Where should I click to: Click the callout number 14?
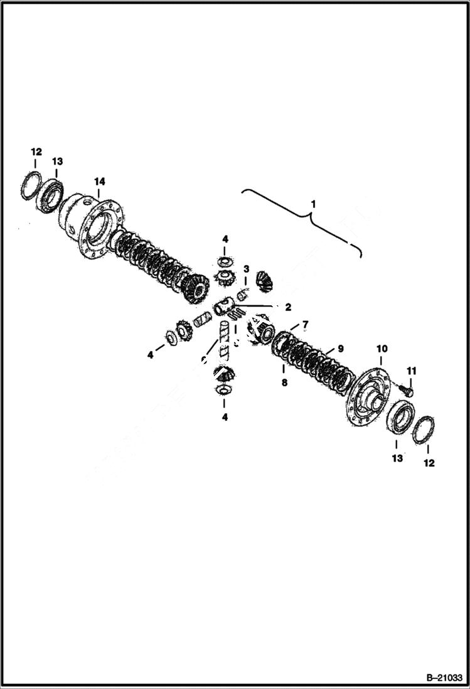[x=99, y=182]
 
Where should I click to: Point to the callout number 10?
[x=382, y=349]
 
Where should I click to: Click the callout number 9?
[x=340, y=348]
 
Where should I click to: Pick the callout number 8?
[x=284, y=382]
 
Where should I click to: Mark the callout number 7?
[x=306, y=324]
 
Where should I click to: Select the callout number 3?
[x=247, y=269]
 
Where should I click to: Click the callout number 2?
[x=288, y=307]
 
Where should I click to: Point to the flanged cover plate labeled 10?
[x=369, y=396]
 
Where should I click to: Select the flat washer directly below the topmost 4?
[x=224, y=261]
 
